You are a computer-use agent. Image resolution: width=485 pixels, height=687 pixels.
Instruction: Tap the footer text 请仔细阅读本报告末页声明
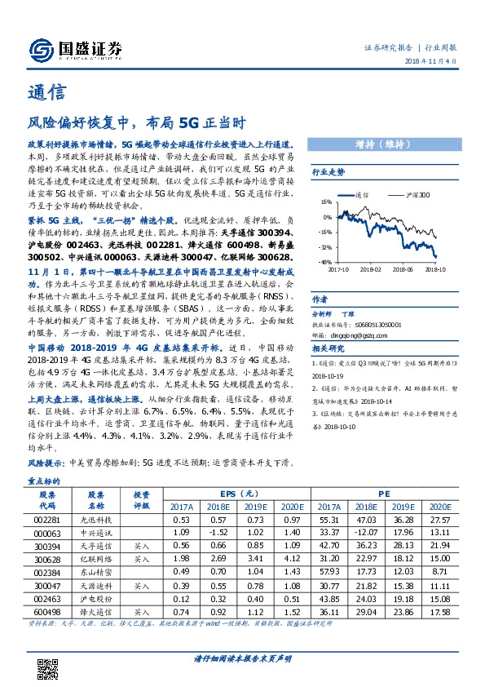point(242,657)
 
